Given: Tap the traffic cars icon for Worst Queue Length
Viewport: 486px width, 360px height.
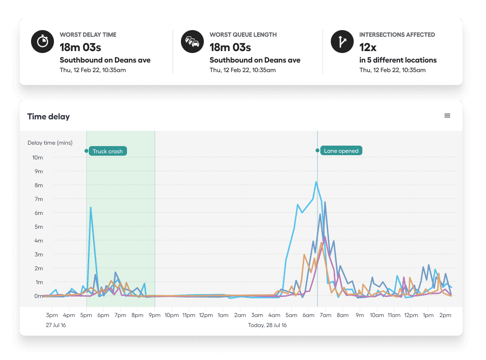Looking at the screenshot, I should click(x=192, y=42).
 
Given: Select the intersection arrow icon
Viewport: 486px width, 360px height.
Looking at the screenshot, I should click(x=342, y=42).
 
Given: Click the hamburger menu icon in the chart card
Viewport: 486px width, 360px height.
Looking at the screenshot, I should click(x=447, y=116).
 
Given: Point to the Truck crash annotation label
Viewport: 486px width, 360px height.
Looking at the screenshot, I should click(x=107, y=151).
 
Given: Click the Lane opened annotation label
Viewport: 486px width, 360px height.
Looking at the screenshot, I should click(x=341, y=151).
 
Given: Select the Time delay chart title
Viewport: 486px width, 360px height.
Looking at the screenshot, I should click(x=49, y=116).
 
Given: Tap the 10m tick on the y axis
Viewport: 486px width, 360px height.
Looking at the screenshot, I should click(x=38, y=158).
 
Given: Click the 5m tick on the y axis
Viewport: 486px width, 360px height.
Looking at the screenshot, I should click(x=38, y=227).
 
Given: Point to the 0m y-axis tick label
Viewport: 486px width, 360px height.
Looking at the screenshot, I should click(x=38, y=296).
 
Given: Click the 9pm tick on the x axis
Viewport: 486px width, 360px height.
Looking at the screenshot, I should click(x=154, y=315).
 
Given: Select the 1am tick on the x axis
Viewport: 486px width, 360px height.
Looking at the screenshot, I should click(x=223, y=315).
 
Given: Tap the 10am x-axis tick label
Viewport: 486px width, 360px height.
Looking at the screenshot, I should click(x=377, y=315).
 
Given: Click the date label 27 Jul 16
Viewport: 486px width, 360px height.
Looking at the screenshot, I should click(x=56, y=325).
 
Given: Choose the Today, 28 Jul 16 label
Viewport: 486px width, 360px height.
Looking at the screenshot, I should click(x=267, y=325).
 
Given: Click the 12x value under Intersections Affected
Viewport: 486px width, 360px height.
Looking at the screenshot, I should click(x=368, y=47).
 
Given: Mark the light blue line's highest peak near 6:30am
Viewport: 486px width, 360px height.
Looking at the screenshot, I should click(x=316, y=182).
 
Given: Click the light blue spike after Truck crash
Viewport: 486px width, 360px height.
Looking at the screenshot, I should click(x=90, y=208).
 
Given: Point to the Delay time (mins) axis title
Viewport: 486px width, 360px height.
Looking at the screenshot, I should click(x=50, y=142).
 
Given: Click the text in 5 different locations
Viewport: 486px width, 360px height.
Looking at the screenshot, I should click(x=398, y=60).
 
